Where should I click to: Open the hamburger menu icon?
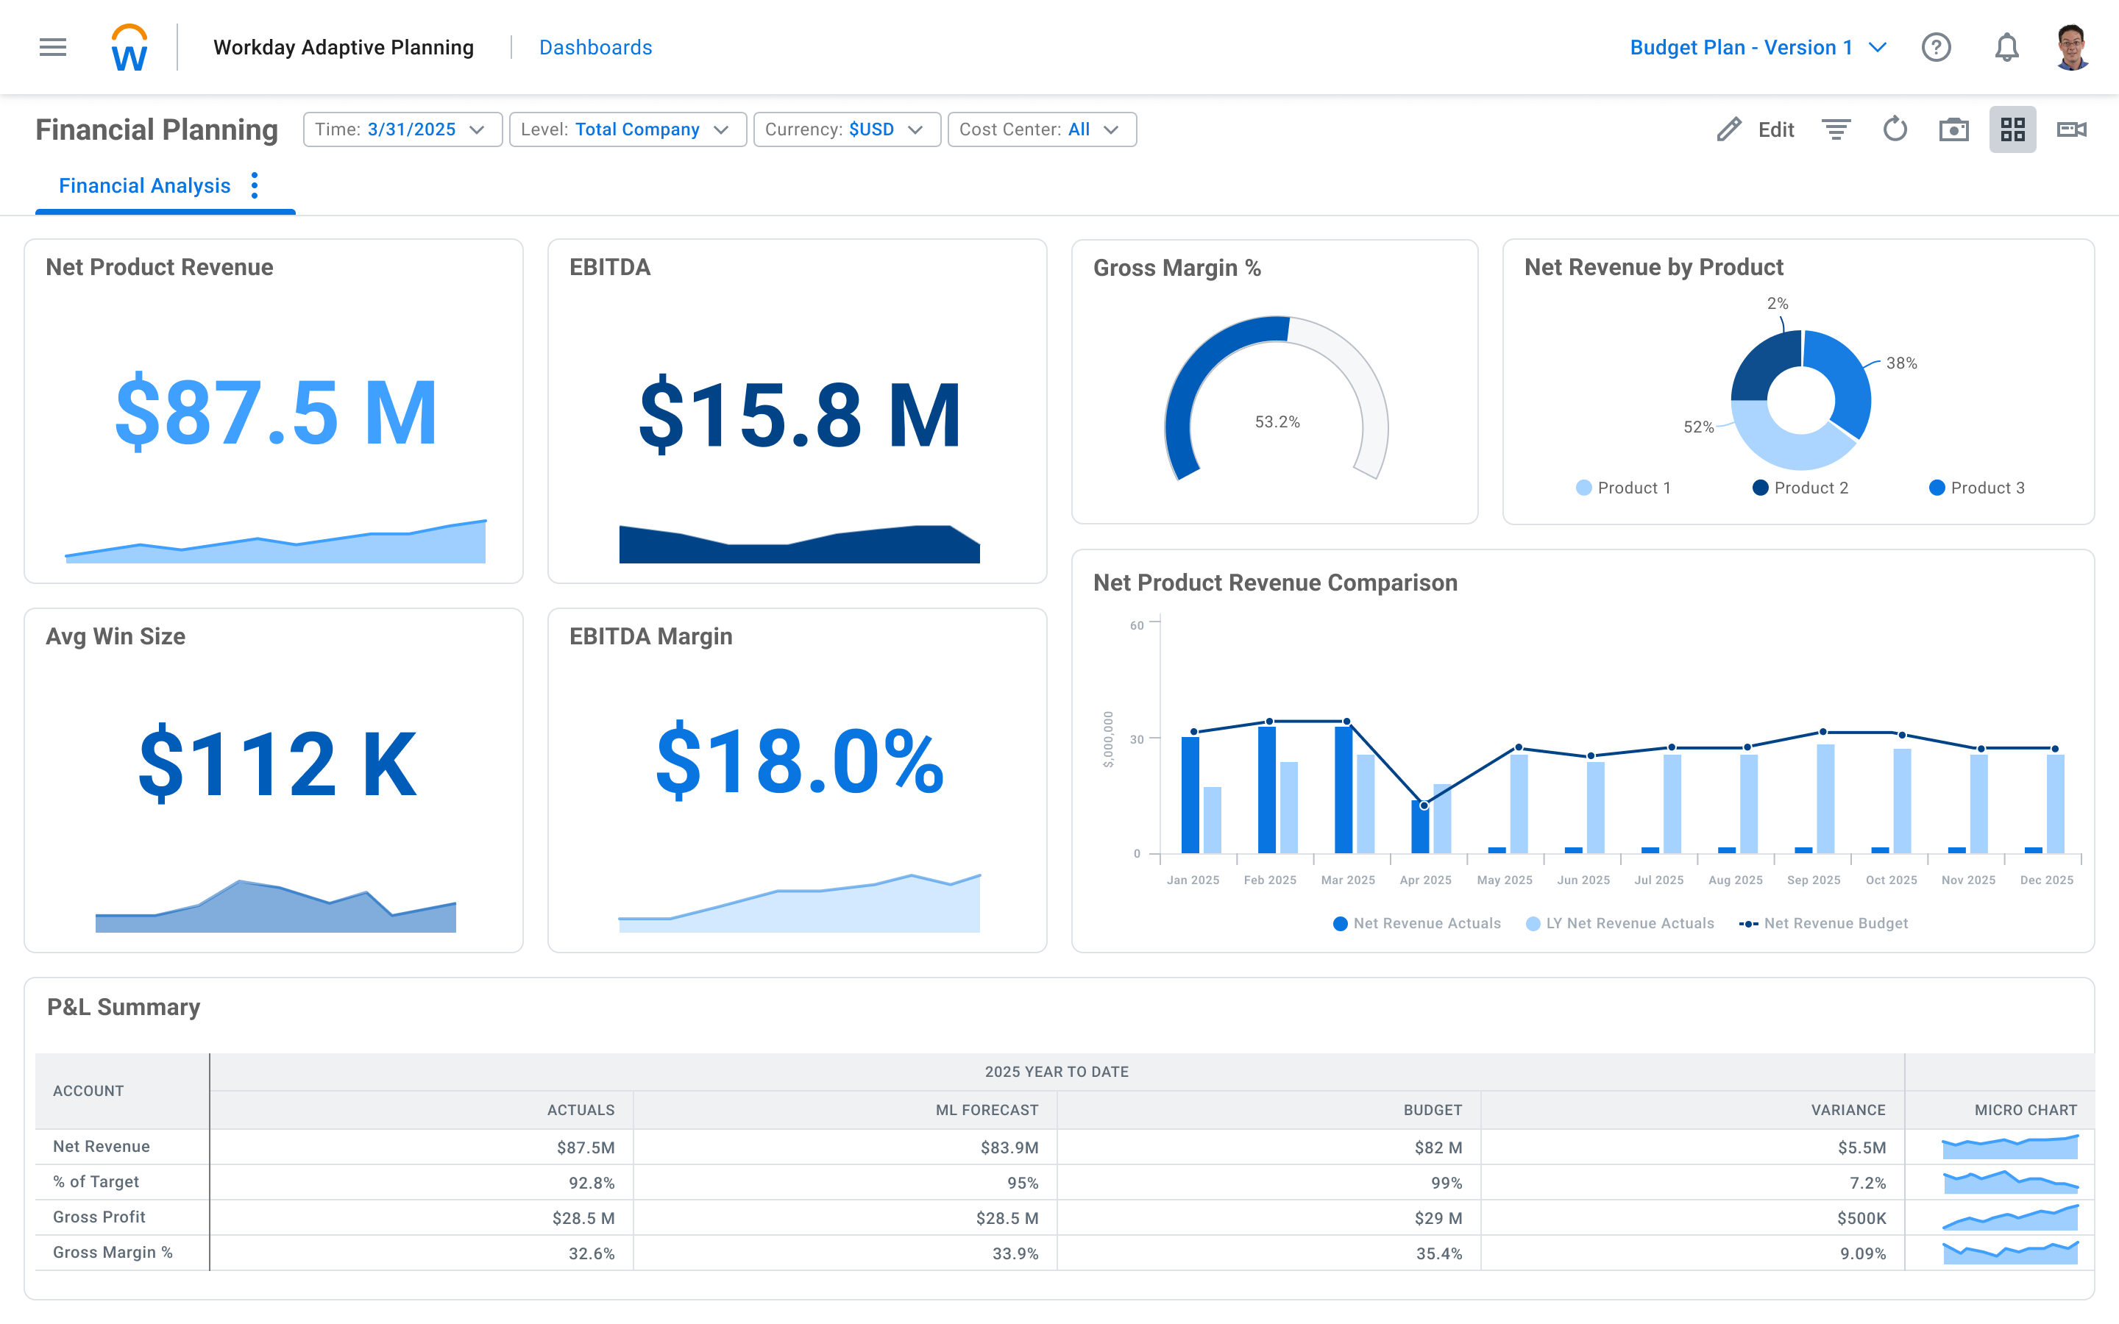click(x=52, y=47)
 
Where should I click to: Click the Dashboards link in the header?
click(x=595, y=47)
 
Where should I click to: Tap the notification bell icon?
click(x=2006, y=47)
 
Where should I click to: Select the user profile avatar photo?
click(x=2071, y=47)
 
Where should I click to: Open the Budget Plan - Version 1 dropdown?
click(x=1756, y=47)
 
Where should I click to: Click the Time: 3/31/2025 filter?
click(x=402, y=129)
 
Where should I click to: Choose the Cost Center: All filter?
click(x=1041, y=129)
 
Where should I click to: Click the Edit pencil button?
click(x=1756, y=129)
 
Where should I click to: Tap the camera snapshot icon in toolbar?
click(x=1953, y=129)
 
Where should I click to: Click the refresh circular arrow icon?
click(x=1895, y=129)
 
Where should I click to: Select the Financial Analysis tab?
click(x=144, y=185)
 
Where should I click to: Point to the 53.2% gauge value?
click(x=1277, y=422)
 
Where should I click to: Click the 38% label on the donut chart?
click(x=1901, y=363)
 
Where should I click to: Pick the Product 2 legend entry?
click(x=1801, y=488)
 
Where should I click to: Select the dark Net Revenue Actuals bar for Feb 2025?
click(x=1266, y=788)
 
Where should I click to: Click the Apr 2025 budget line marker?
click(x=1424, y=805)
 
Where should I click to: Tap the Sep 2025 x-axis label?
click(x=1814, y=880)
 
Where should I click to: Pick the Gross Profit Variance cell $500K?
click(x=1861, y=1218)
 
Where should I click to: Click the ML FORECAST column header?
click(x=986, y=1109)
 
